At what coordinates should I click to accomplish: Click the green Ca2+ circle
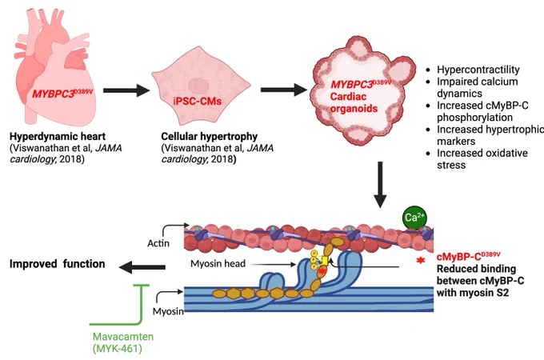[x=414, y=218]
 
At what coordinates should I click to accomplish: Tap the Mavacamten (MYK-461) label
[x=123, y=342]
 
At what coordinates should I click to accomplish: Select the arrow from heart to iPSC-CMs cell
[x=126, y=90]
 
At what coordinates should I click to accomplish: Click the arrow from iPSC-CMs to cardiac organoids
[x=284, y=90]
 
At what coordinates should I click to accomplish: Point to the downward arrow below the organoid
[x=380, y=185]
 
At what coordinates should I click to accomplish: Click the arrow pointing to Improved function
[x=142, y=267]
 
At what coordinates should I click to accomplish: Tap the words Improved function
[x=58, y=264]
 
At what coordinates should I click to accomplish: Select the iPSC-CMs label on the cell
[x=197, y=102]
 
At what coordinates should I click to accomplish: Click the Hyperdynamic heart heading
[x=58, y=136]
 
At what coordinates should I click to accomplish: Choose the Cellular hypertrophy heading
[x=210, y=136]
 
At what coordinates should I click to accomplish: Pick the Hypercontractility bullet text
[x=478, y=70]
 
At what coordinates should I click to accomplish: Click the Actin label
[x=158, y=243]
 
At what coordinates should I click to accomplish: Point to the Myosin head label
[x=218, y=264]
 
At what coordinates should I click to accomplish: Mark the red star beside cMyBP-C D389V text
[x=421, y=260]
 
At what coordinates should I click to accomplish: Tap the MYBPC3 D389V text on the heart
[x=62, y=94]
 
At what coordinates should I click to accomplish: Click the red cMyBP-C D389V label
[x=468, y=257]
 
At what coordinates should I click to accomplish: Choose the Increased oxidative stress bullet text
[x=482, y=159]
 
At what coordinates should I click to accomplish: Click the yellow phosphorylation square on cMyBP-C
[x=324, y=260]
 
